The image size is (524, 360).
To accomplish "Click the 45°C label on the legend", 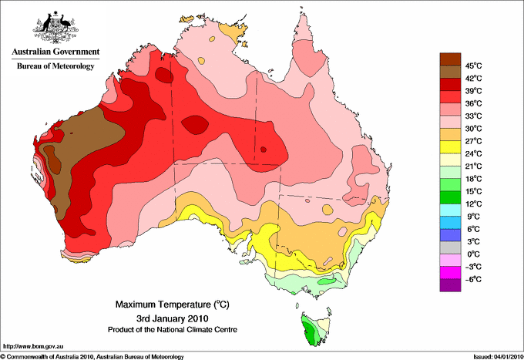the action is pos(474,66).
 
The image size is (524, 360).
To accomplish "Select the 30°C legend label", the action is pos(474,129).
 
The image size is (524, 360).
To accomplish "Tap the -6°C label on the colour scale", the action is pos(473,279).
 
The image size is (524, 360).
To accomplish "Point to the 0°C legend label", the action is pos(474,254).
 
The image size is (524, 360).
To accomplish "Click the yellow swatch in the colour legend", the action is pos(450,147).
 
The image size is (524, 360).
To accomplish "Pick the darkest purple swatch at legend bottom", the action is pos(450,285).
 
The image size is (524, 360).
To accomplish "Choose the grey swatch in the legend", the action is pos(450,247).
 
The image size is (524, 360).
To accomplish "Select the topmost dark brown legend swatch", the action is pos(450,59).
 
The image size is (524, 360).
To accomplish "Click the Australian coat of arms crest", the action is pos(55,27).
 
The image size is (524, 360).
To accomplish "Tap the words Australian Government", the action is pos(55,52).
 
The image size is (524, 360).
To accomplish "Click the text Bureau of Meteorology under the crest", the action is pos(55,66).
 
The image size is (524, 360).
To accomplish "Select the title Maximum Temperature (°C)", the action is pos(173,304).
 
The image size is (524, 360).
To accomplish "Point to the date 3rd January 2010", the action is pos(173,318).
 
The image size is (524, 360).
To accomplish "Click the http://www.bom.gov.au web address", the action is pos(33,347).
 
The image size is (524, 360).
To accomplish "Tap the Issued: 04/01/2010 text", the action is pos(499,357).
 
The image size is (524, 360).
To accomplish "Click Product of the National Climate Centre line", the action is pos(173,330).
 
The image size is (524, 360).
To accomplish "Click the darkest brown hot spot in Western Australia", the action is pos(53,160).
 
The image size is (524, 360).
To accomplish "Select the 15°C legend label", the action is pos(474,191).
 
